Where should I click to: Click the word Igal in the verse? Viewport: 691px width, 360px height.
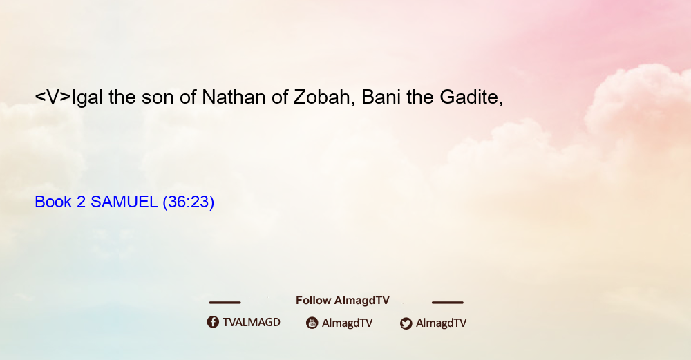tap(87, 97)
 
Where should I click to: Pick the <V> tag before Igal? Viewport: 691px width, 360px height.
tap(53, 97)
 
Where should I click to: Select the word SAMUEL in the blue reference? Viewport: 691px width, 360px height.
tap(124, 202)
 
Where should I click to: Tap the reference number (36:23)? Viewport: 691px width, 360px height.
tap(188, 202)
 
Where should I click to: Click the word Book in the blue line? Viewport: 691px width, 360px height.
tap(53, 202)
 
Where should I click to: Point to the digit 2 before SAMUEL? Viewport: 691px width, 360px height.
tap(81, 202)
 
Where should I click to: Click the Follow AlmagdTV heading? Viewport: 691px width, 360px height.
tap(343, 301)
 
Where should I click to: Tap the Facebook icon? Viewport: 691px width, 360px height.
tap(213, 322)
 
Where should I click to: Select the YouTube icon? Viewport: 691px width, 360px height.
tap(312, 323)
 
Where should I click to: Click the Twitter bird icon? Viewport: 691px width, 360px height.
tap(406, 323)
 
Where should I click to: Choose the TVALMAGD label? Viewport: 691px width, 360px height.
tap(252, 323)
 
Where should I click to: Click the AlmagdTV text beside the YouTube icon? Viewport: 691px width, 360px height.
tap(348, 323)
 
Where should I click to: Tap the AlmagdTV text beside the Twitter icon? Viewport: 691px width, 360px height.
tap(441, 323)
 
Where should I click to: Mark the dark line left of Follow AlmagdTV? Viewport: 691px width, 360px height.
tap(225, 302)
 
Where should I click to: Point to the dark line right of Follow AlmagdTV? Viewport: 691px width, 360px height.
tap(448, 302)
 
